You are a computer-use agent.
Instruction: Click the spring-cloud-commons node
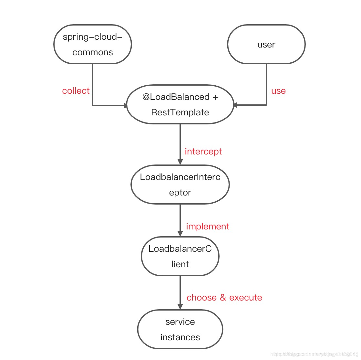(x=93, y=44)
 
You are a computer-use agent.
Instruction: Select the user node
(x=266, y=44)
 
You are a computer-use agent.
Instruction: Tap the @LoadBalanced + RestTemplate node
(x=180, y=104)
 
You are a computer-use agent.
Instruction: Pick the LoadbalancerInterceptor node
(x=180, y=185)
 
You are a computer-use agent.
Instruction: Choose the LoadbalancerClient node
(x=180, y=256)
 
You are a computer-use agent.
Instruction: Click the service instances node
(x=180, y=329)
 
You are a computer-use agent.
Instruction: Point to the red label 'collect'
(x=76, y=91)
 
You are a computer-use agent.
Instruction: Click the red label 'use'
(x=278, y=91)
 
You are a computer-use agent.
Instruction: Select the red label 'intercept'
(x=203, y=152)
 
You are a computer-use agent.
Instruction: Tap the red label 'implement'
(x=208, y=227)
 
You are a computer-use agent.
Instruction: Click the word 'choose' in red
(x=201, y=298)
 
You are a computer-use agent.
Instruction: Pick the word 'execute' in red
(x=245, y=298)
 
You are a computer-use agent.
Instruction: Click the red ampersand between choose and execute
(x=223, y=298)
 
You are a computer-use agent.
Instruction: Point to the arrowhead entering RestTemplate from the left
(x=126, y=105)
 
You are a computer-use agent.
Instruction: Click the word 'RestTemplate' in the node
(x=180, y=112)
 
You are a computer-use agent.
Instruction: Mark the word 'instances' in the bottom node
(x=180, y=337)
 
